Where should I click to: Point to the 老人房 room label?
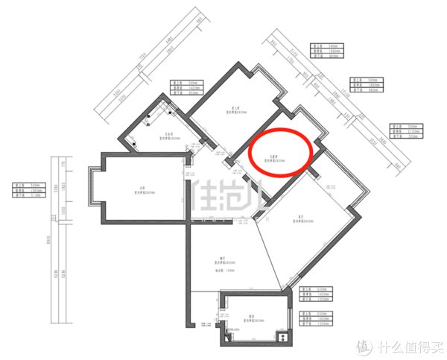[x=236, y=109]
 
